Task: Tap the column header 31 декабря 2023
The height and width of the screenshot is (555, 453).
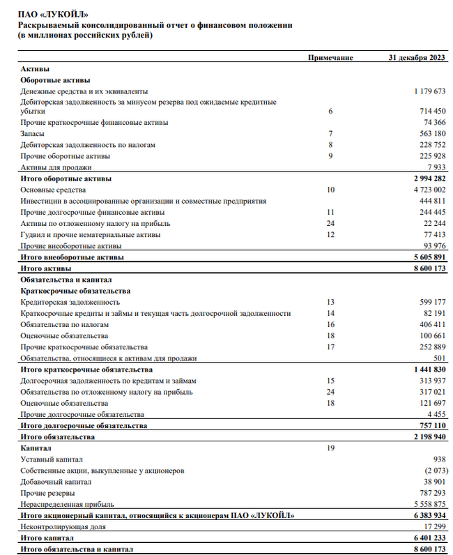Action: coord(417,57)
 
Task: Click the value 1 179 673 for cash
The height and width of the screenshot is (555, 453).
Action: coord(426,91)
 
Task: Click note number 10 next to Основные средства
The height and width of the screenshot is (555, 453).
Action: coord(330,190)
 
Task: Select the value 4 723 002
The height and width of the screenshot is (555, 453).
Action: coord(426,190)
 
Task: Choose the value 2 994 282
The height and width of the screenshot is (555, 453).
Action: coord(426,178)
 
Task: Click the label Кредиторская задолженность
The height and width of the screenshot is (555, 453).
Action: coord(70,302)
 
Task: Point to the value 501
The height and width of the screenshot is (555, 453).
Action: coord(438,358)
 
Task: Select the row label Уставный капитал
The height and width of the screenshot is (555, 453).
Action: coord(52,459)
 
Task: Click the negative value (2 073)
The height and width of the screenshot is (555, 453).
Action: coord(432,471)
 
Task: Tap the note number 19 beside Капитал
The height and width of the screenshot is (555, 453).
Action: coord(330,448)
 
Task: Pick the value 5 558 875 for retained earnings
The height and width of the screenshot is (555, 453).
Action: coord(426,504)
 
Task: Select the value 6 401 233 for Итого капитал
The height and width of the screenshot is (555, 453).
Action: coord(426,538)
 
